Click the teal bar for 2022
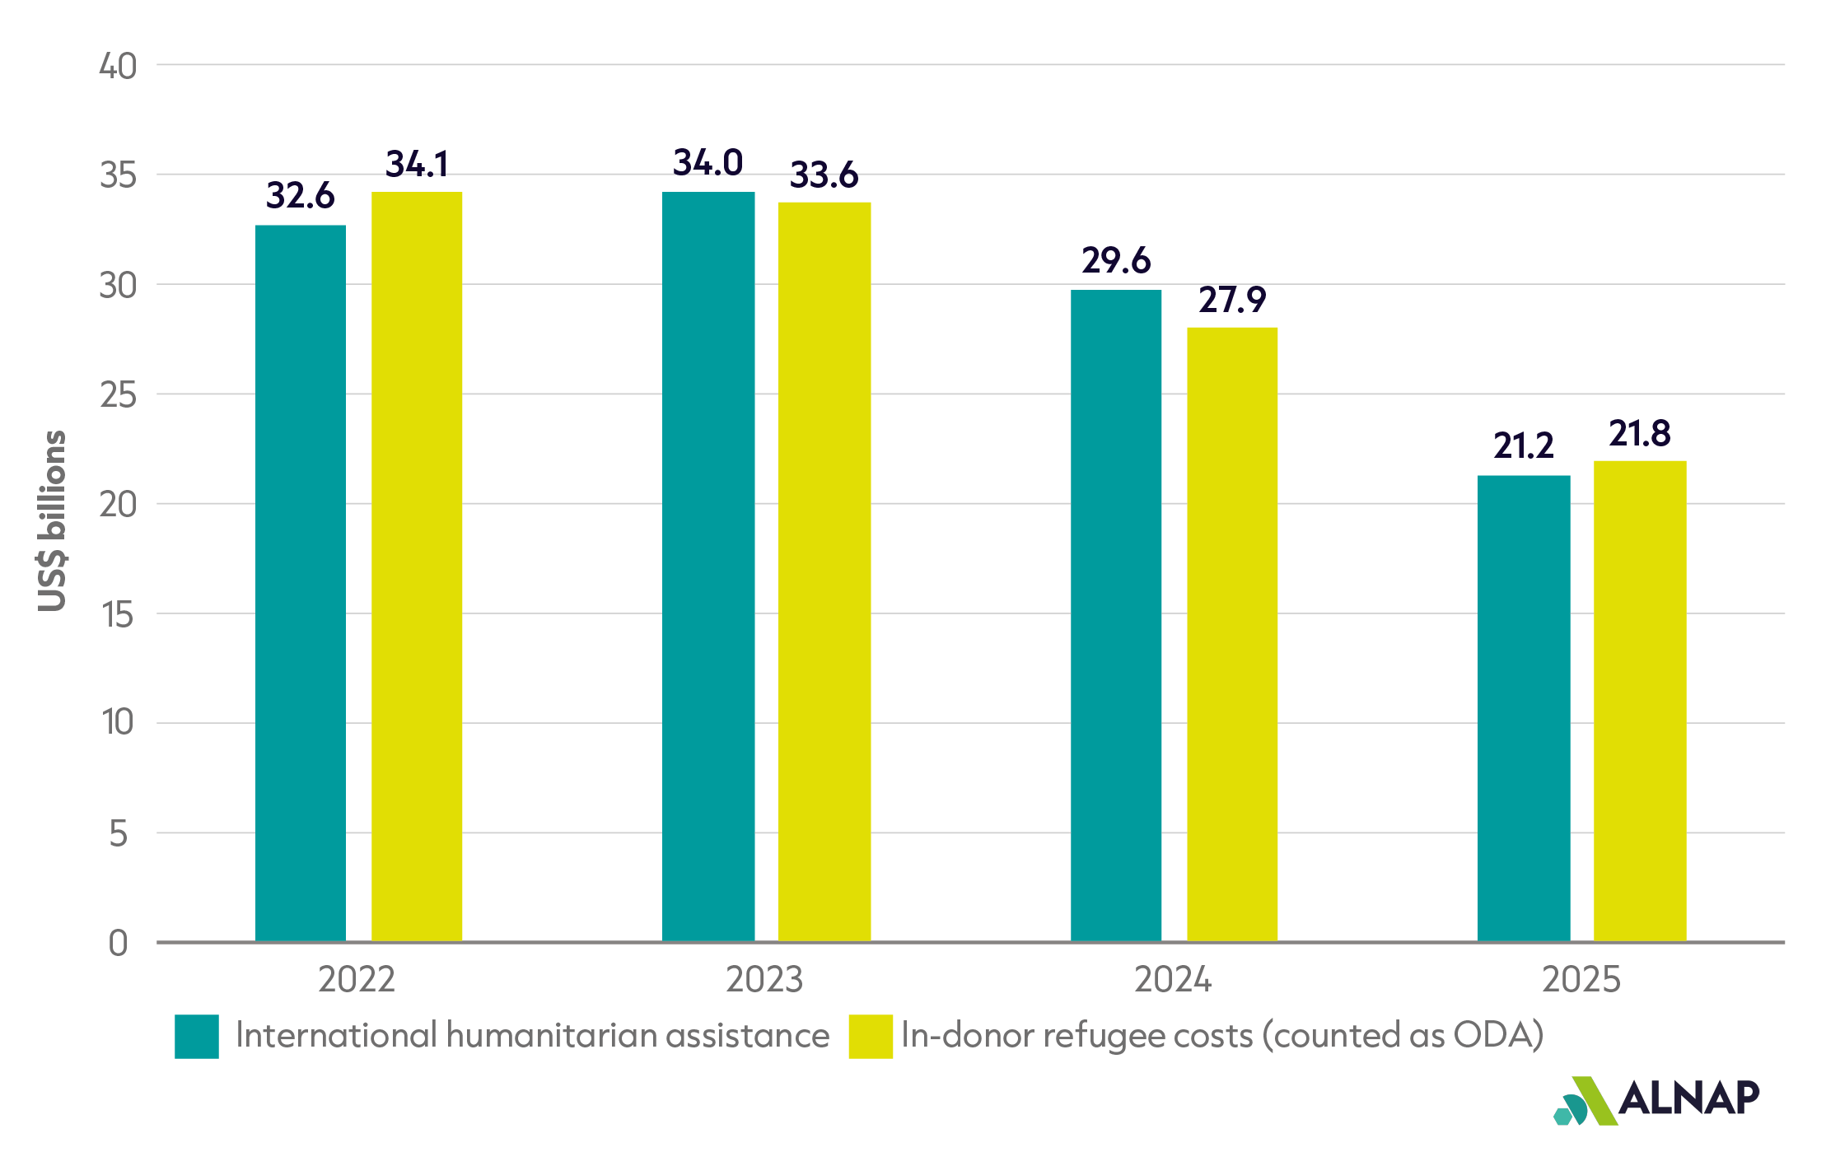301,583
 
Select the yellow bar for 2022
417,567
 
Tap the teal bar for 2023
708,567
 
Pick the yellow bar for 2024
1232,634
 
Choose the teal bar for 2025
1524,708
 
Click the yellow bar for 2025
1640,701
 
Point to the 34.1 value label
417,164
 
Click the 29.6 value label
1116,260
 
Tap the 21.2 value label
1524,445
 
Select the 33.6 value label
824,175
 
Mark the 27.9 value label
1232,300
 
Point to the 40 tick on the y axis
118,66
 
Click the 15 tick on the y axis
118,614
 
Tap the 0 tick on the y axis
118,944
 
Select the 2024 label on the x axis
1173,980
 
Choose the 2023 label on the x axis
764,980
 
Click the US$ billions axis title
52,521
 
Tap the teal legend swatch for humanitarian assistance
197,1036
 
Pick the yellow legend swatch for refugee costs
871,1036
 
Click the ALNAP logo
1656,1100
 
